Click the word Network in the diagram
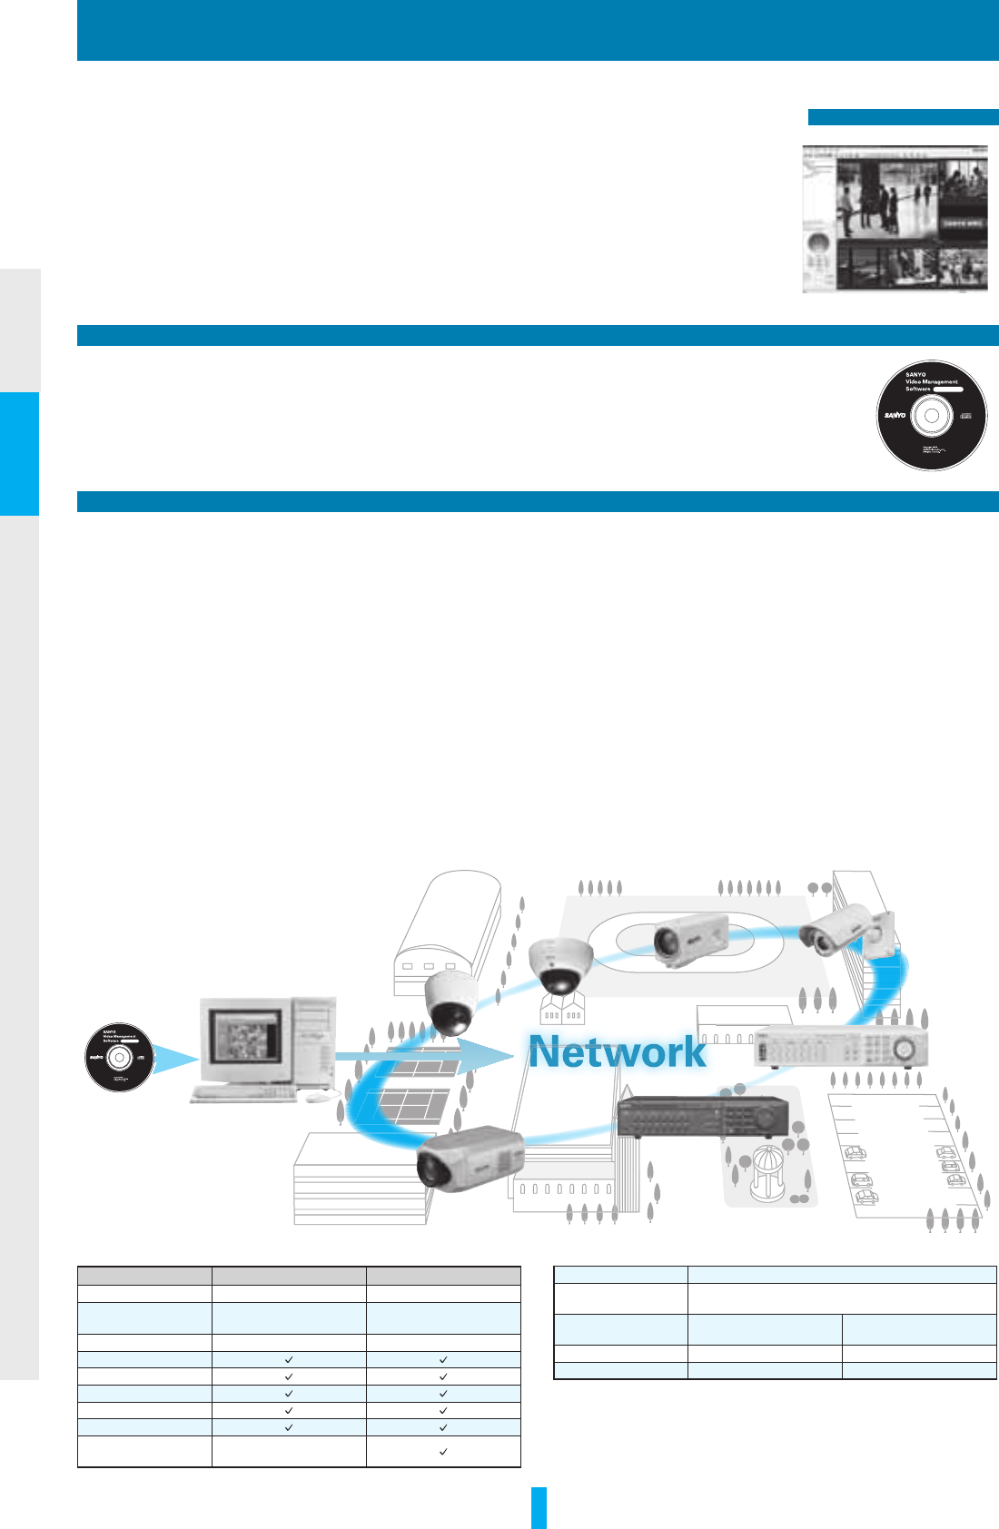618,1052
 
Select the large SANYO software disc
932,415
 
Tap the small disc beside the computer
118,1057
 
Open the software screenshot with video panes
895,218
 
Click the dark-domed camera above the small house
561,1238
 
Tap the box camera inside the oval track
690,941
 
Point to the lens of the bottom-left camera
433,1172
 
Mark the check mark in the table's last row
443,1452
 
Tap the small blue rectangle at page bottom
539,1507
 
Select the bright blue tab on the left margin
19,453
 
